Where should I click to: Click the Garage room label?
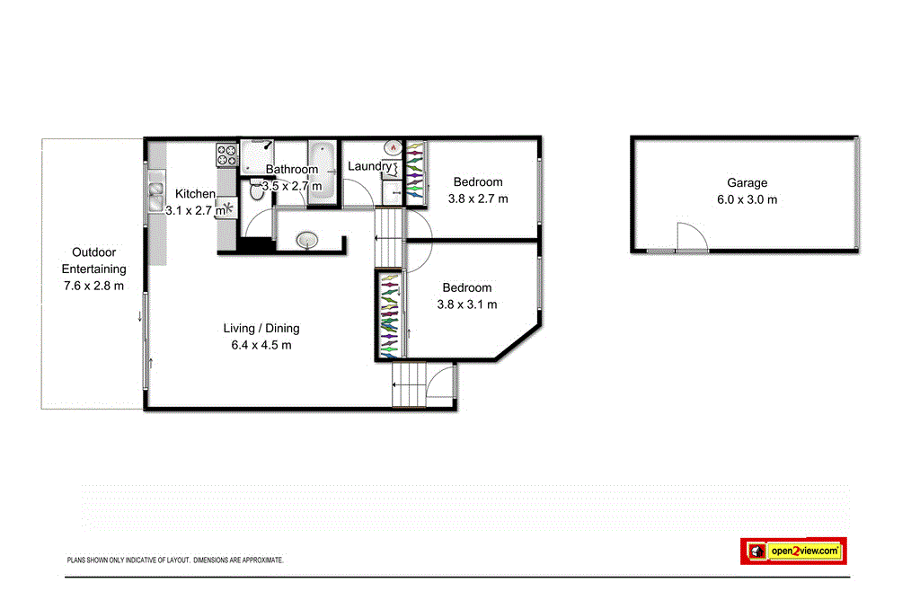(747, 183)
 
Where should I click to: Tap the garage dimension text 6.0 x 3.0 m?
(747, 200)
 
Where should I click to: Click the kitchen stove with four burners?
(226, 154)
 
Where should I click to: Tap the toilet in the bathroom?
(256, 190)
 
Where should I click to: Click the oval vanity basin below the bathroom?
(308, 240)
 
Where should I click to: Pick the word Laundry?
(369, 166)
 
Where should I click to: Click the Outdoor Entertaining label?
(93, 260)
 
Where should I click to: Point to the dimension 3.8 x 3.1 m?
(466, 304)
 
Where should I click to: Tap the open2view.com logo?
(794, 551)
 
